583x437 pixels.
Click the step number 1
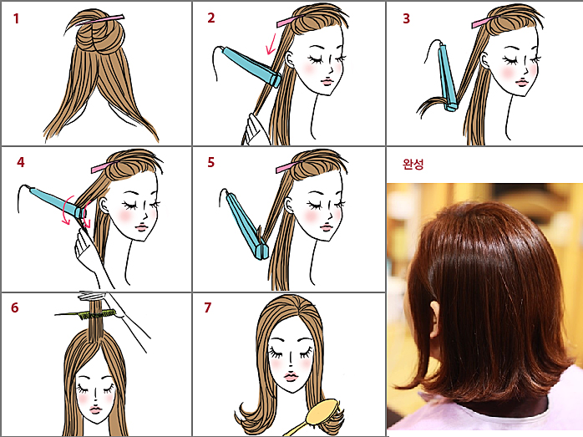(16, 18)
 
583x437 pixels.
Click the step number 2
(210, 18)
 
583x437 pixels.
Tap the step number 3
(406, 18)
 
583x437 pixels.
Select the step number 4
(20, 162)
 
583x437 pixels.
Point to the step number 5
(210, 162)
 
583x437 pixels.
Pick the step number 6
(14, 307)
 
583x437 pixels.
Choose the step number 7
(207, 307)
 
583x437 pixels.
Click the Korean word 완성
(413, 164)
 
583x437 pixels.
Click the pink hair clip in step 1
(101, 20)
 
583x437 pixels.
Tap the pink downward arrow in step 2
(271, 44)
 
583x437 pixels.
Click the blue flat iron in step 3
(448, 78)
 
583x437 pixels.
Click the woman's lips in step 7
(291, 377)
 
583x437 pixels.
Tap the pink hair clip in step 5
(287, 167)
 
